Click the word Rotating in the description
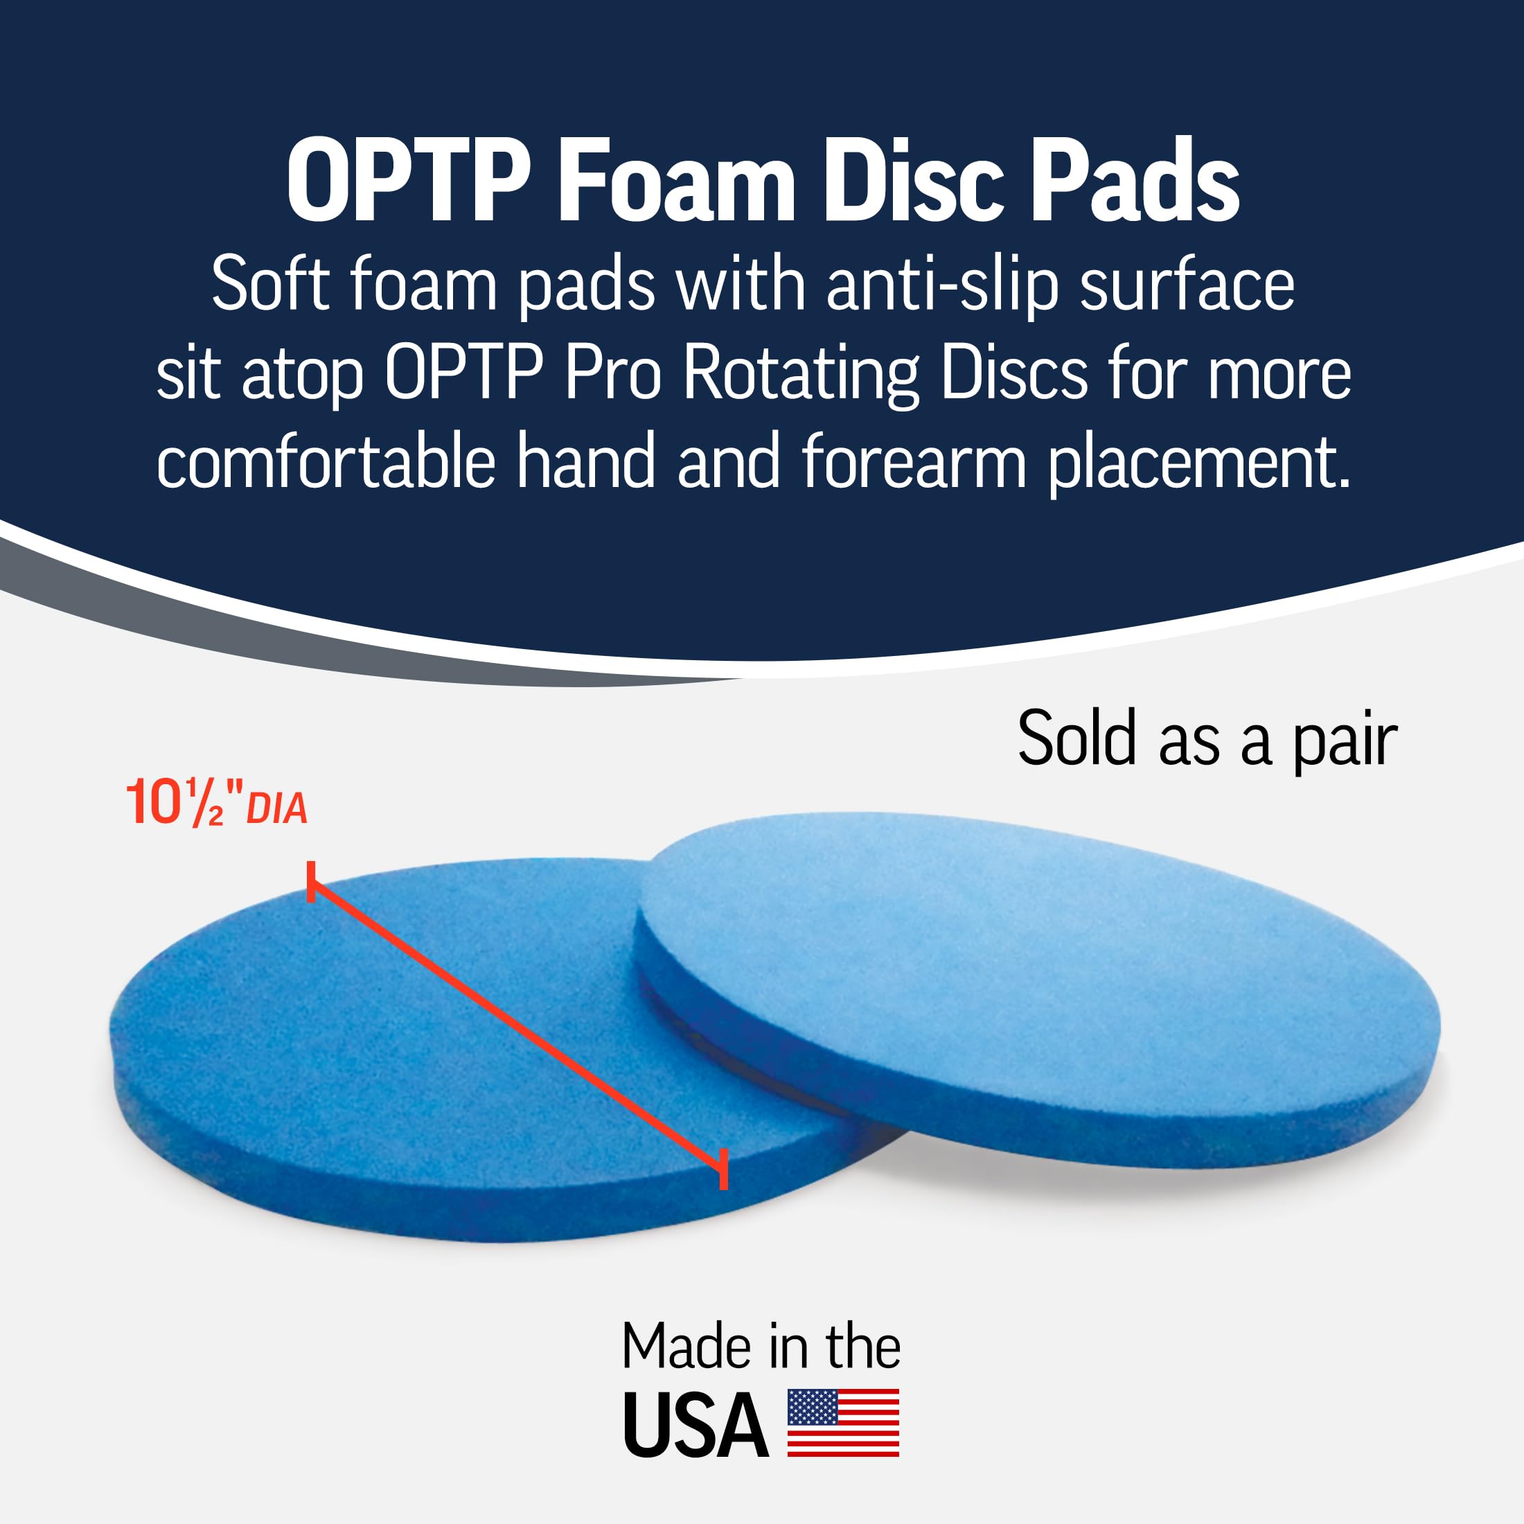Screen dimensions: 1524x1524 click(802, 374)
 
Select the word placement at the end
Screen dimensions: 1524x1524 click(1198, 462)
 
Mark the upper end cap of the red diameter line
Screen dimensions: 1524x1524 click(312, 882)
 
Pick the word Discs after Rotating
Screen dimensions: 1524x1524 click(1013, 374)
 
